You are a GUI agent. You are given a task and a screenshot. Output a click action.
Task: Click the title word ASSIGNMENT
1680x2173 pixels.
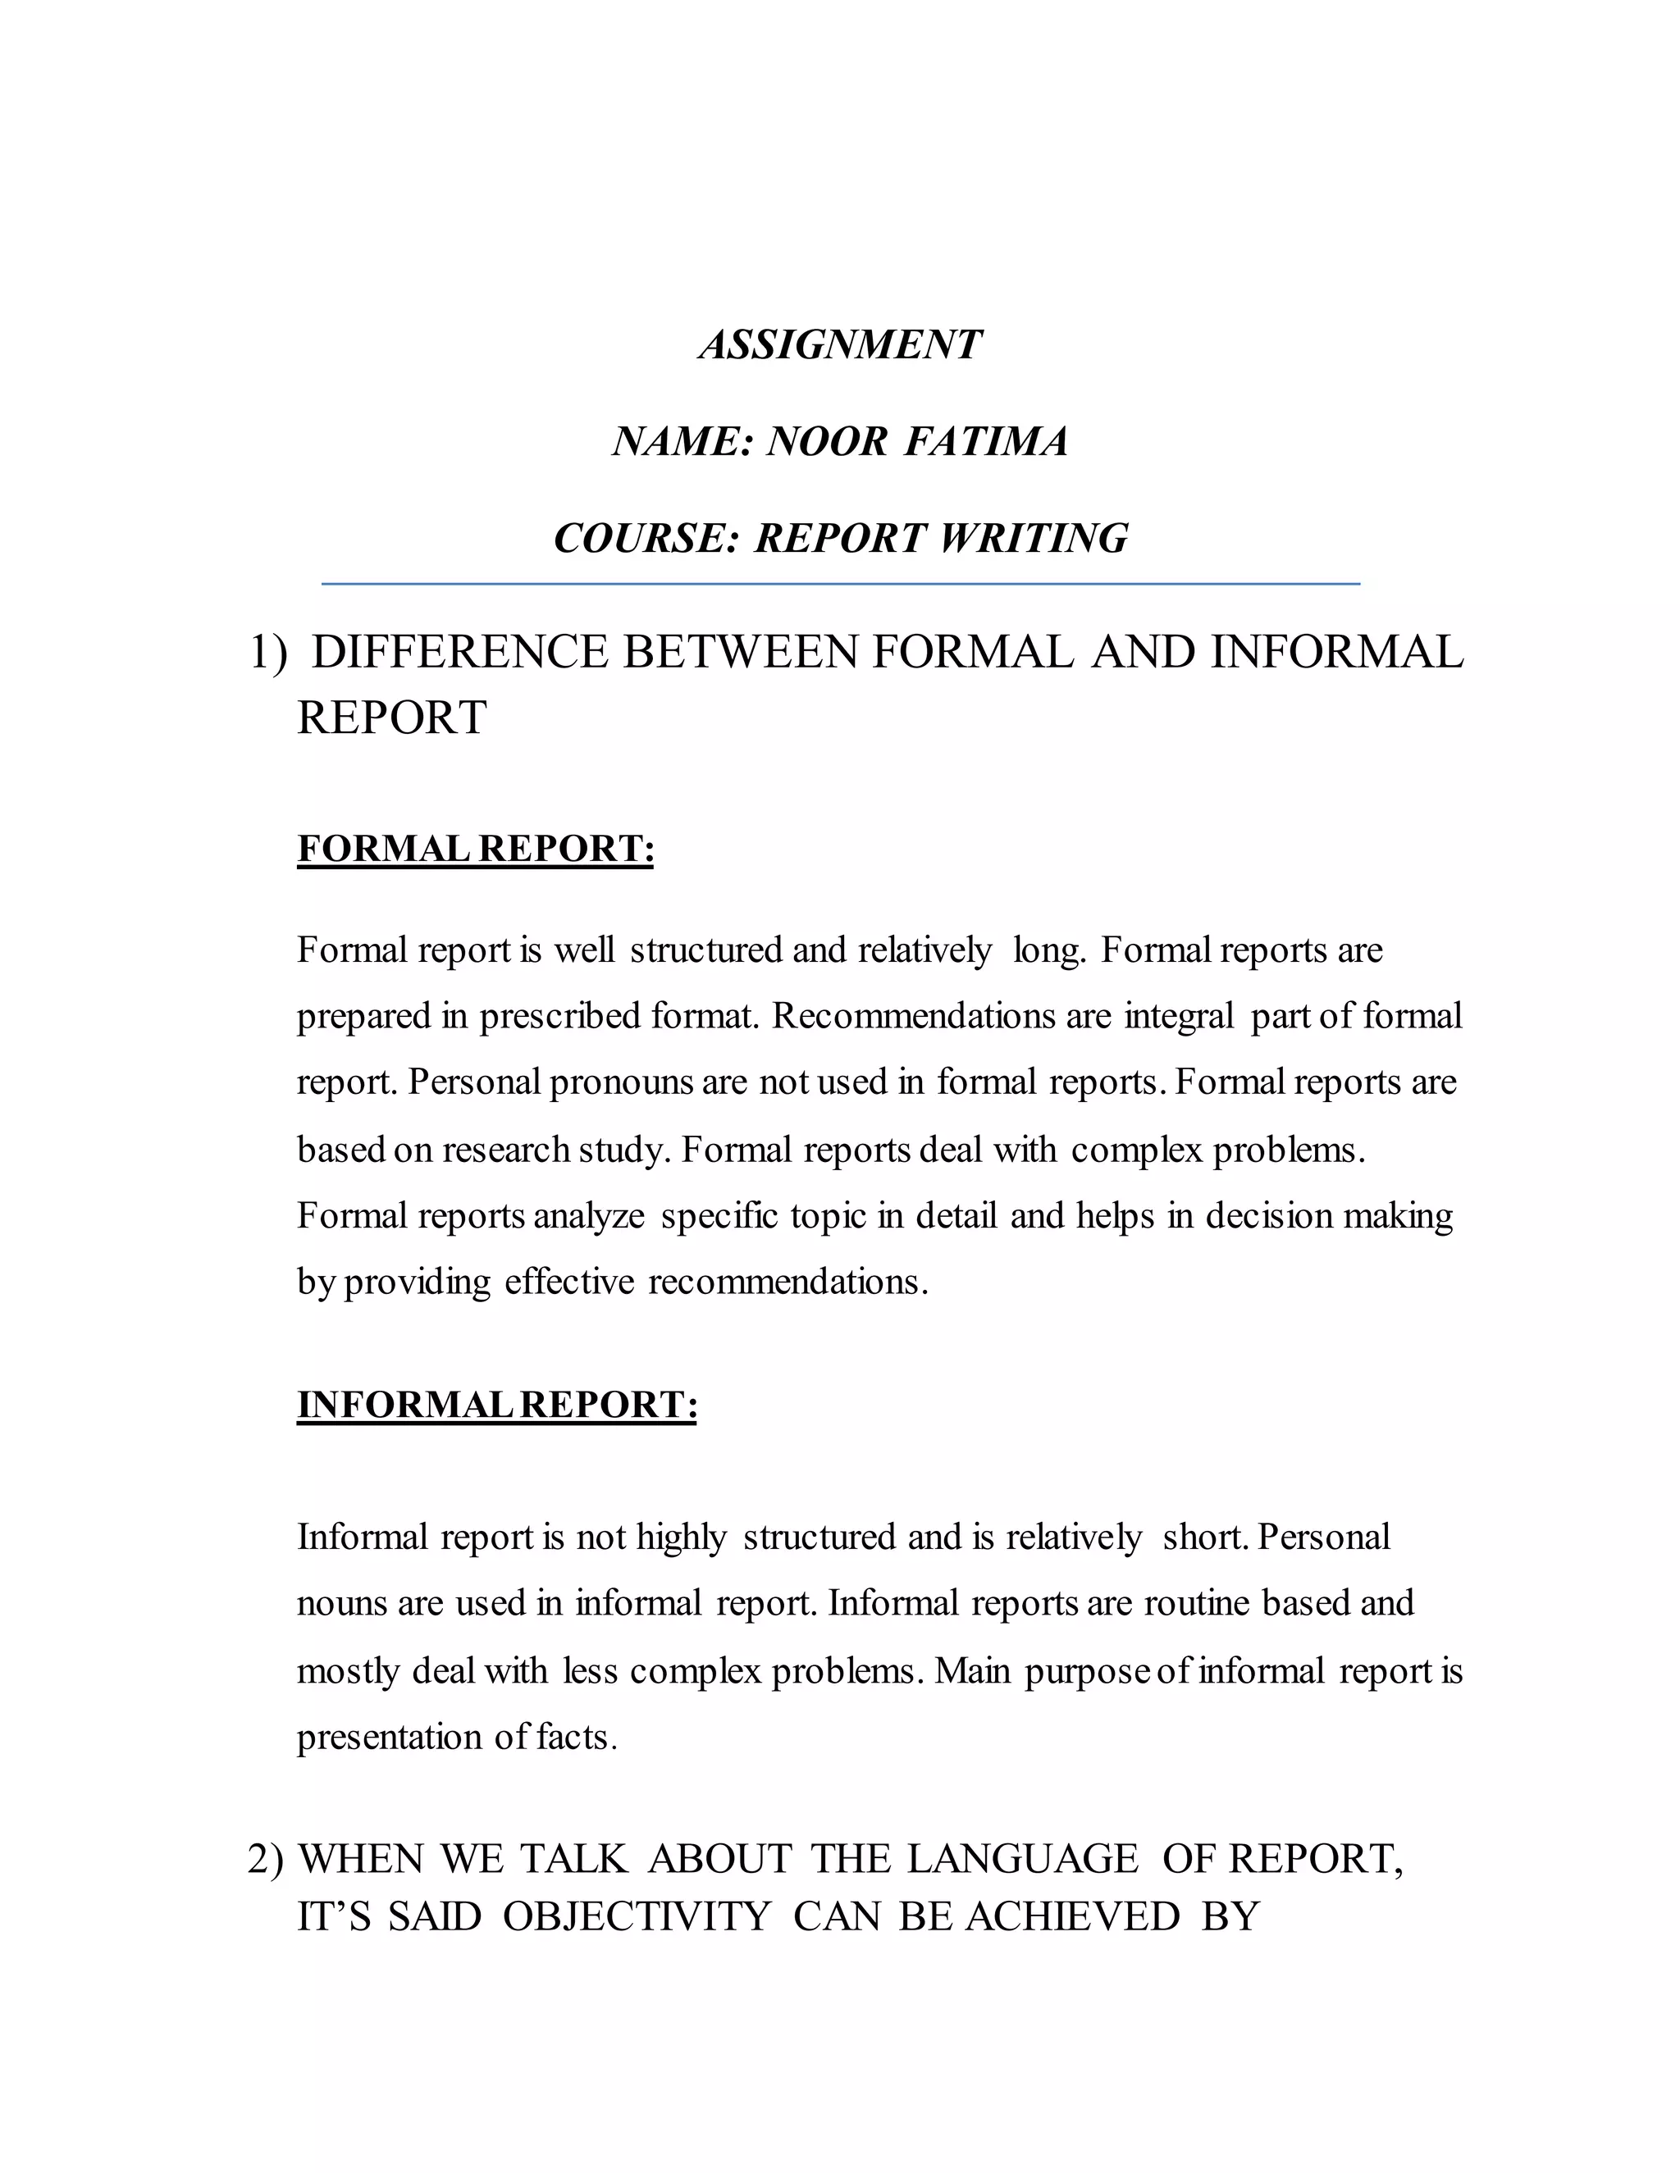coord(840,345)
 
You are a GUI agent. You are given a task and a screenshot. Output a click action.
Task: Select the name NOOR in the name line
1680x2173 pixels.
coord(826,442)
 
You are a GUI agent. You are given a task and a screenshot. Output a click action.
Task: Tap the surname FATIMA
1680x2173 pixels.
coord(985,442)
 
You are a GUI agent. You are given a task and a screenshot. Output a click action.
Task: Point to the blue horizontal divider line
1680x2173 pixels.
coord(840,584)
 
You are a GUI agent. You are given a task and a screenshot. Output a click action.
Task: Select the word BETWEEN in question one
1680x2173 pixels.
coord(741,653)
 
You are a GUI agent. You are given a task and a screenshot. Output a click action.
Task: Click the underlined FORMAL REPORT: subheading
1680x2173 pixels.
coord(476,849)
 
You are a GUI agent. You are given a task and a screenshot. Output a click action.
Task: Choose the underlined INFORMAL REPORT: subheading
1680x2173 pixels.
coord(496,1404)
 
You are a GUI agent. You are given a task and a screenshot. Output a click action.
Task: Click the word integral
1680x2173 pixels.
coord(1179,1016)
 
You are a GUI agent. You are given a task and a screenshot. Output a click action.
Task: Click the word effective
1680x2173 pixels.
coord(568,1282)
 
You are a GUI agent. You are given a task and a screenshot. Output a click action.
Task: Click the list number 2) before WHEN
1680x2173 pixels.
coord(266,1859)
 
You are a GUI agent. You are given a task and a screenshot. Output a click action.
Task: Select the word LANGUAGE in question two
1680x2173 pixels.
coord(1022,1859)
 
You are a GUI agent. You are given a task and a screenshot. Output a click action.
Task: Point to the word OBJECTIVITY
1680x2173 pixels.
coord(636,1916)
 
